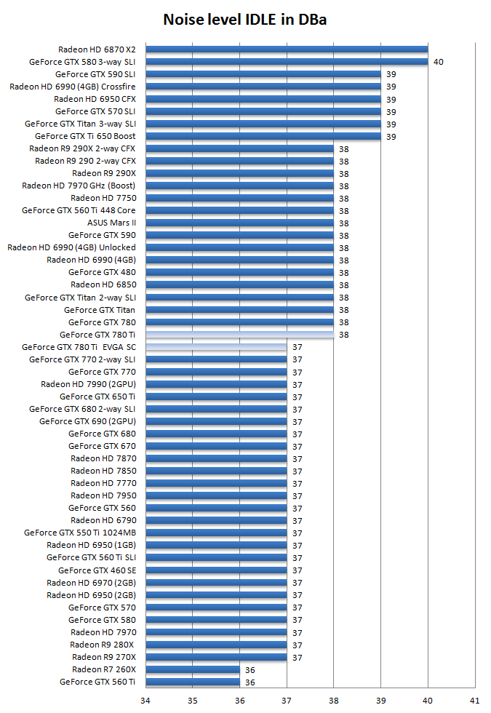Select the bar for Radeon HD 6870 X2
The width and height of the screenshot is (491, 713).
(287, 49)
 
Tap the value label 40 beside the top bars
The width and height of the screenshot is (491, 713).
(438, 62)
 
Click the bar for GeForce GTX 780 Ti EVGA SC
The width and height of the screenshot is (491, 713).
(216, 347)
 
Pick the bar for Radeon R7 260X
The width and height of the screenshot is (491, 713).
(193, 669)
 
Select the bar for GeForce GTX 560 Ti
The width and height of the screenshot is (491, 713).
(193, 682)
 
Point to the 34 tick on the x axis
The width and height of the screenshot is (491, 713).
(145, 701)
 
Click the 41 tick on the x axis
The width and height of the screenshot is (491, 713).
(474, 701)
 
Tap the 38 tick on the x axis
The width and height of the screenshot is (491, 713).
(333, 701)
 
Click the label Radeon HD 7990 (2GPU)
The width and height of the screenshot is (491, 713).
(88, 384)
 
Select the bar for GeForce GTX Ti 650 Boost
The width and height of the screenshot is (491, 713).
(263, 136)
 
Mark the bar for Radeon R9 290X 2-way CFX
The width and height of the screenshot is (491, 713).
(239, 148)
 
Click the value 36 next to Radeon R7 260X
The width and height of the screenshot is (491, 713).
(250, 669)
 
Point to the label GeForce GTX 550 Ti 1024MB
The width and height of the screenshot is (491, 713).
(80, 533)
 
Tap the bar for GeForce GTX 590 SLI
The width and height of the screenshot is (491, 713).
(263, 74)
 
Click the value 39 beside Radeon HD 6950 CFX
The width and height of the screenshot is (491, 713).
(391, 99)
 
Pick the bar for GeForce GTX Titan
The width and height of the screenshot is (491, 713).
(239, 310)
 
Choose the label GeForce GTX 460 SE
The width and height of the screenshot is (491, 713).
(97, 570)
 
